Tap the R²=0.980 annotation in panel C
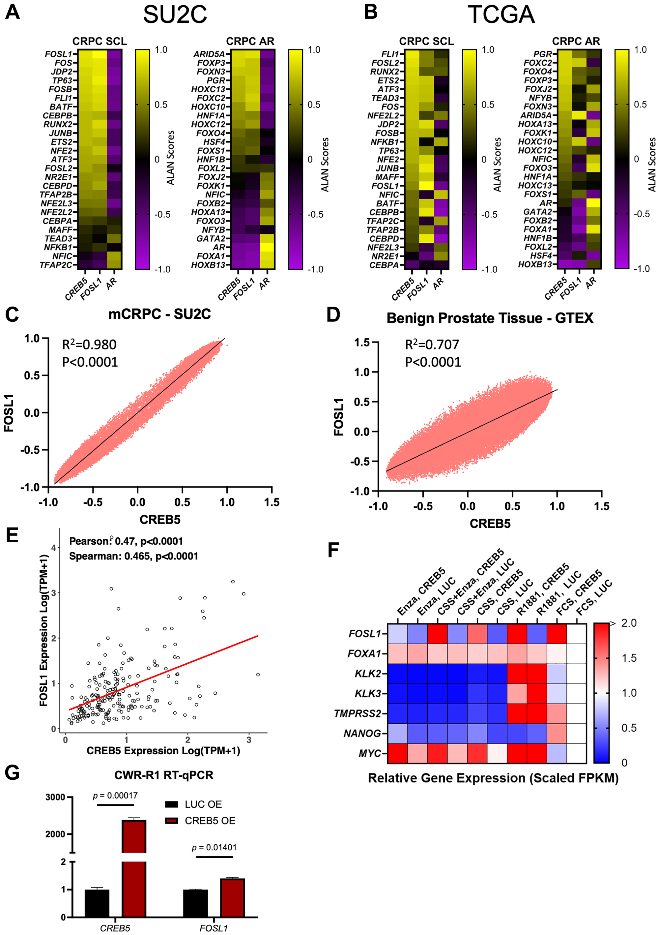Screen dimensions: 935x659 [x=89, y=345]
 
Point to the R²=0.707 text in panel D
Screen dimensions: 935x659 [x=432, y=345]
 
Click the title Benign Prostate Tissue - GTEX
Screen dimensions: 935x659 [x=490, y=318]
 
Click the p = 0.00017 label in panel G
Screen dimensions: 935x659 [x=115, y=795]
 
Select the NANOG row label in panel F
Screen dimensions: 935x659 [x=362, y=734]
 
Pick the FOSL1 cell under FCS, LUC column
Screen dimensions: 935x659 [x=576, y=634]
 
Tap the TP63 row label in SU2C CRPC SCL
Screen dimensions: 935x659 [x=62, y=80]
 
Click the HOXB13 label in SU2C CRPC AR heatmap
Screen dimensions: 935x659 [x=208, y=265]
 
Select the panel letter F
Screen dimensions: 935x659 [x=333, y=551]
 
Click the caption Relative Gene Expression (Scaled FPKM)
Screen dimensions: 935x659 [x=493, y=778]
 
